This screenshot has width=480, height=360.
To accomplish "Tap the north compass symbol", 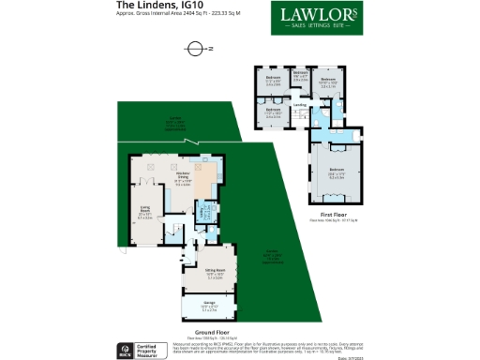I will point(195,48).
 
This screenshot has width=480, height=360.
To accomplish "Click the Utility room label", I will point(203,214).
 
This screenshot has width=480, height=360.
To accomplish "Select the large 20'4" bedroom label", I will point(336,172).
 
